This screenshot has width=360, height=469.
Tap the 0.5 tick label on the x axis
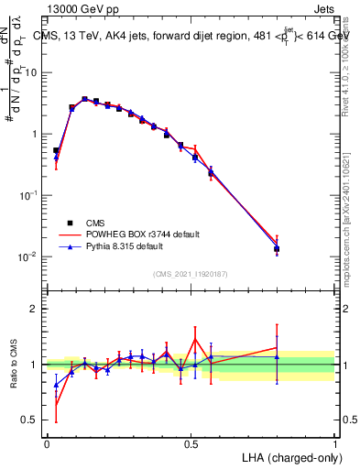191,443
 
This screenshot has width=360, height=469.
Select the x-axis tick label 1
335,443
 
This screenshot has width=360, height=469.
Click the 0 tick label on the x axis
47,443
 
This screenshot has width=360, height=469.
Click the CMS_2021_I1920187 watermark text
191,273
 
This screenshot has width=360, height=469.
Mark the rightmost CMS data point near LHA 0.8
277,249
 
